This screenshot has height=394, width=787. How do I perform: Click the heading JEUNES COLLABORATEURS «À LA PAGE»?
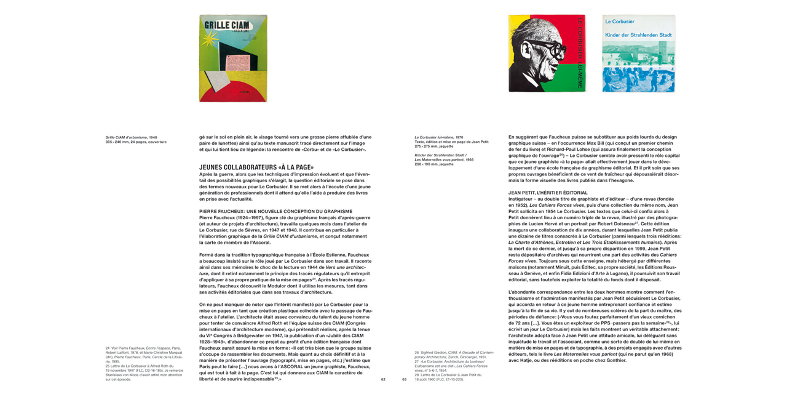pos(256,167)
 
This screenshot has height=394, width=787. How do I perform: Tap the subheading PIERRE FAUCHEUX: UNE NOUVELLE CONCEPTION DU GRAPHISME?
pos(275,211)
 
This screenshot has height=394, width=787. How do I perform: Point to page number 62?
pos(383,379)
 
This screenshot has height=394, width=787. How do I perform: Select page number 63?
pos(405,379)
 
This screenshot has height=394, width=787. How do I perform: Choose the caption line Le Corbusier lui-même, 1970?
pos(438,137)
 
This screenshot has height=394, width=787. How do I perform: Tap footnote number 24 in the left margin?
pos(108,348)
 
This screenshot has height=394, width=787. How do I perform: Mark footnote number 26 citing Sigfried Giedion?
pos(417,353)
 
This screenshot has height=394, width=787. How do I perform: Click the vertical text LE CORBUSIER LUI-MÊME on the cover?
pos(579,54)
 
